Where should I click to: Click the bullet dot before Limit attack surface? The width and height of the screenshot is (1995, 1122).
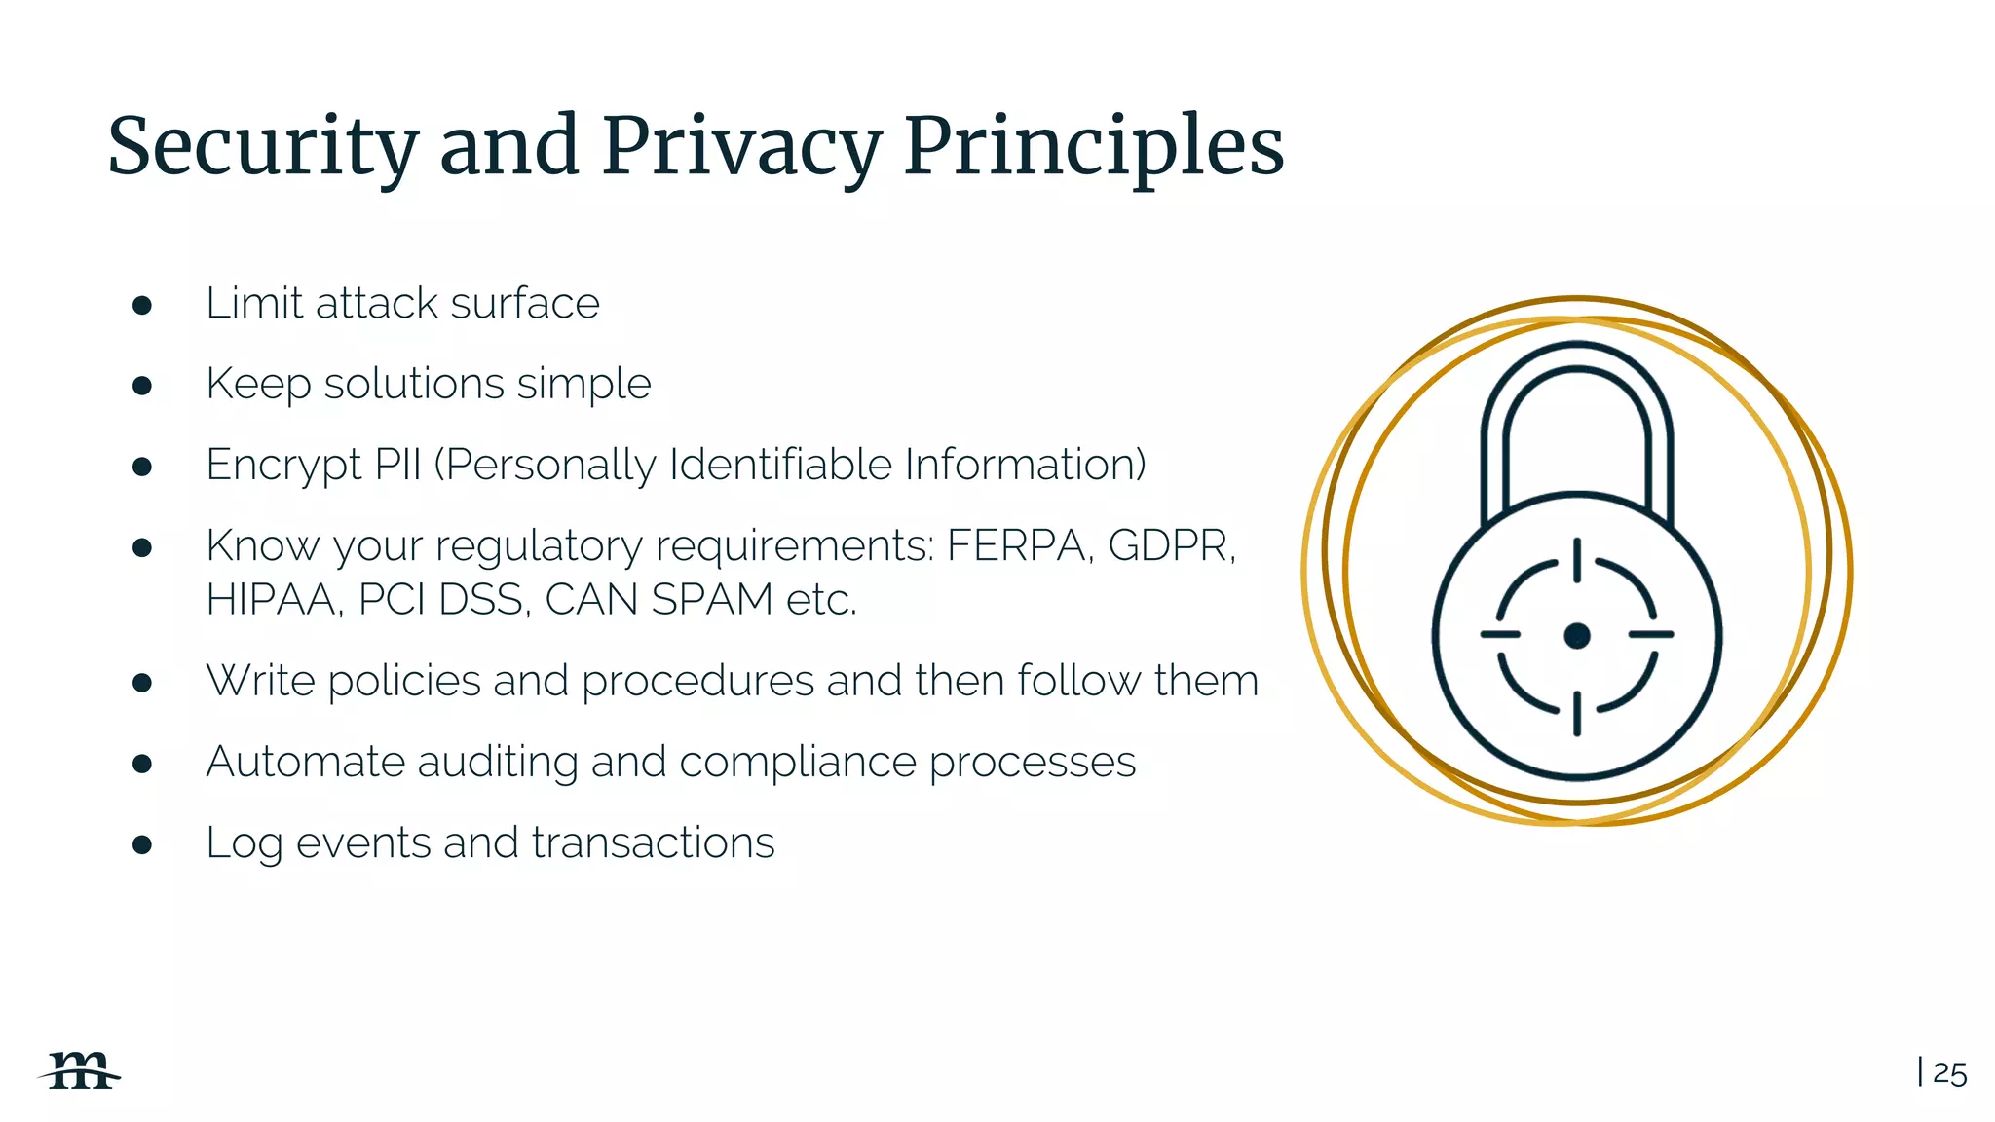tap(142, 306)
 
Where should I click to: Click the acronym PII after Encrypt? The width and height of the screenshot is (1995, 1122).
tap(397, 465)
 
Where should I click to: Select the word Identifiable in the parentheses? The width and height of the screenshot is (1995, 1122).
tap(780, 465)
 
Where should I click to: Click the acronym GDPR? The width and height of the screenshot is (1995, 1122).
tap(1170, 545)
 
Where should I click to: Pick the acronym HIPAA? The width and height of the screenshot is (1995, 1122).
tap(272, 599)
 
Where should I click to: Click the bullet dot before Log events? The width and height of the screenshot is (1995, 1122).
tap(142, 844)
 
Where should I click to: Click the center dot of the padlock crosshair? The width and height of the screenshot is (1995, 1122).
tap(1576, 636)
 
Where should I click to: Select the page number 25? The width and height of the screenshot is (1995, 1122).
tap(1949, 1073)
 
